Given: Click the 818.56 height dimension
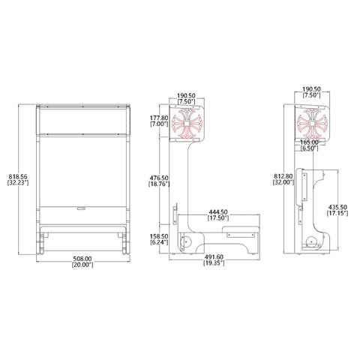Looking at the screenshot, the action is [18, 177].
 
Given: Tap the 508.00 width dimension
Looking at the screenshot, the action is [82, 259].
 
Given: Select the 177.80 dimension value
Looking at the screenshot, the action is [159, 118].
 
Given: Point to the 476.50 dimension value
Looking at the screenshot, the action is [159, 178].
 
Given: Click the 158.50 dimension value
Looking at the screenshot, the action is [159, 236].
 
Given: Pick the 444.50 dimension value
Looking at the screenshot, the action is [218, 212].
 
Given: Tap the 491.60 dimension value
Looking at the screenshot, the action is [214, 257].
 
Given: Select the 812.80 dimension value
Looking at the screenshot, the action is [283, 176].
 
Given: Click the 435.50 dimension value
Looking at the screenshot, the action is [337, 207].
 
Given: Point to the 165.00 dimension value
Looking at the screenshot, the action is [309, 142].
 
